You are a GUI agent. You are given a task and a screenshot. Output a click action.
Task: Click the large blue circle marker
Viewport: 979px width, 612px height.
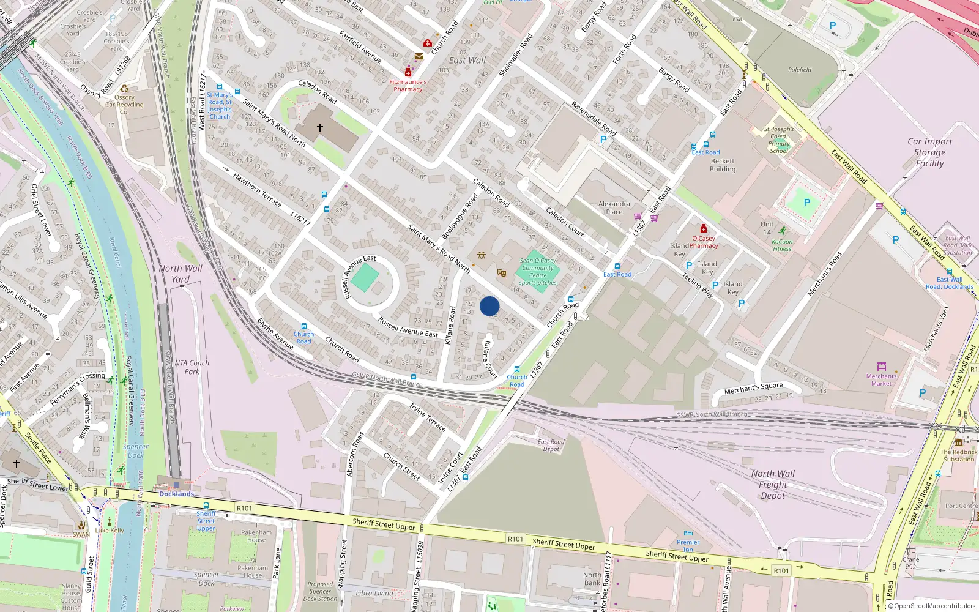click(x=489, y=306)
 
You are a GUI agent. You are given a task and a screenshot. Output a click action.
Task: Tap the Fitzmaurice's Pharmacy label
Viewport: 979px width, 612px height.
click(x=408, y=86)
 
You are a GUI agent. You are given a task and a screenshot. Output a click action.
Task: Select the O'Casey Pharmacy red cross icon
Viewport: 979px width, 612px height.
click(x=704, y=229)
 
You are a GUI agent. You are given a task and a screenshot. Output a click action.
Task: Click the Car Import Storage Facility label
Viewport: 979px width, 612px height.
click(x=929, y=152)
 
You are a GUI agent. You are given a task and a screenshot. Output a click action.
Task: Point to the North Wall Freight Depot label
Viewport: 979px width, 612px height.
click(x=773, y=485)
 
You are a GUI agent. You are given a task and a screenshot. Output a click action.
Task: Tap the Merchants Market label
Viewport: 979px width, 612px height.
click(x=881, y=380)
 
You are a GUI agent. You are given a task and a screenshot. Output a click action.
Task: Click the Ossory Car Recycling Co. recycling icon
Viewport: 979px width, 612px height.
click(x=124, y=89)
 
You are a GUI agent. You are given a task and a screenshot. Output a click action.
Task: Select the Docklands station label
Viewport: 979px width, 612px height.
click(x=176, y=494)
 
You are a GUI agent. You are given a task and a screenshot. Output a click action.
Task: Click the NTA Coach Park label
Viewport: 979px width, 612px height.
click(x=192, y=367)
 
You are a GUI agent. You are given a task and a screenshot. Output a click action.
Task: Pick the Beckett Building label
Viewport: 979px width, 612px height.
click(x=723, y=165)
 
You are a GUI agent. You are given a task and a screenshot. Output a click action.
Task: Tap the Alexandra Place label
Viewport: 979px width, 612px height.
click(x=614, y=208)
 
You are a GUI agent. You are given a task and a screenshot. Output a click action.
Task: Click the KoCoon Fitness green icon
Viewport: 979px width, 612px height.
click(x=783, y=231)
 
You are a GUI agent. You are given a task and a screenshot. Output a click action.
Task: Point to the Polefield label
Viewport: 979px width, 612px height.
click(x=800, y=70)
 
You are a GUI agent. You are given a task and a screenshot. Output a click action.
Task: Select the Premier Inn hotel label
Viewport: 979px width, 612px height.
click(x=688, y=545)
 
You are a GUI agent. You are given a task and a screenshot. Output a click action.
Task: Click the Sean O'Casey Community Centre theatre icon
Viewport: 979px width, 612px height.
click(x=502, y=272)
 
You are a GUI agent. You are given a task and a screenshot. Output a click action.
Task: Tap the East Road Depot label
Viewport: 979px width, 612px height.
click(x=551, y=446)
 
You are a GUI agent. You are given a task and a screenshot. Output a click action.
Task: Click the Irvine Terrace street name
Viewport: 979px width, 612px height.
click(x=427, y=417)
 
